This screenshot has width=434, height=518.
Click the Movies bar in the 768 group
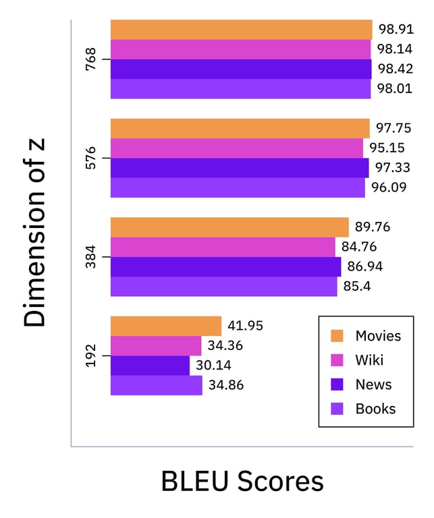(x=241, y=30)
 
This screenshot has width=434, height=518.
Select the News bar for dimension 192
(x=150, y=366)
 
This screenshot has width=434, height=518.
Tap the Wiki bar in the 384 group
(x=223, y=247)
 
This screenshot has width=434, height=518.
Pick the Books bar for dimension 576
(x=238, y=188)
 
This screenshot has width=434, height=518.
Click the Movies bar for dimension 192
(x=166, y=326)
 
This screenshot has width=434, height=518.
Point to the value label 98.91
(x=396, y=30)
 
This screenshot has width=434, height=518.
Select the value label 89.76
(x=373, y=227)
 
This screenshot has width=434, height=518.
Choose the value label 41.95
(x=245, y=326)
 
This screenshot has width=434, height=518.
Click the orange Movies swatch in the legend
(x=338, y=336)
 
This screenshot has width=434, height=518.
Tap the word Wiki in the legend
(x=369, y=360)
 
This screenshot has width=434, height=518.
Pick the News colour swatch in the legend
(x=338, y=384)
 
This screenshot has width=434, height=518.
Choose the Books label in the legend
(x=375, y=409)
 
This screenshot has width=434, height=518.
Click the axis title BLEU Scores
(x=242, y=482)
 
